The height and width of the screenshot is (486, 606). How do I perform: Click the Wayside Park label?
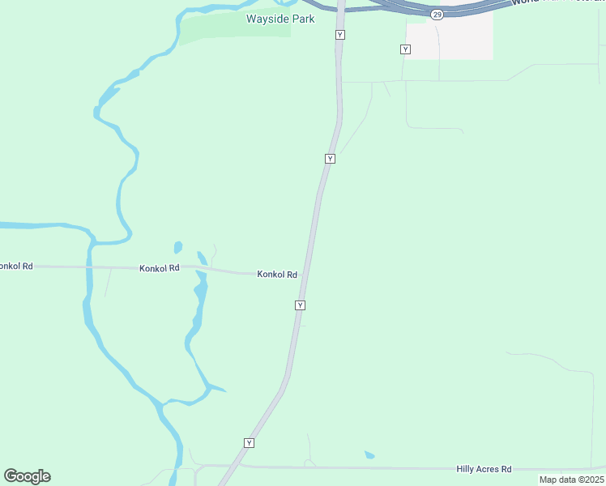click(280, 18)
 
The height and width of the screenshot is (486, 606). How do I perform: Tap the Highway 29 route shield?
click(437, 15)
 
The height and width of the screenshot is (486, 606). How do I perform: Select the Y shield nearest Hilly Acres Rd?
click(250, 443)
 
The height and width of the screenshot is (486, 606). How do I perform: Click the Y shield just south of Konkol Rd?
click(301, 305)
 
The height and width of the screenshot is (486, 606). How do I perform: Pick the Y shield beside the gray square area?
click(405, 49)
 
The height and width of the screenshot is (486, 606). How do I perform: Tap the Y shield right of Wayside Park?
click(340, 35)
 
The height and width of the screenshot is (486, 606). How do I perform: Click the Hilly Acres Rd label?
click(484, 469)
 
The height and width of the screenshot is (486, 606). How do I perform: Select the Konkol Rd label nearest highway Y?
click(277, 275)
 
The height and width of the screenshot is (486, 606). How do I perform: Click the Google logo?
click(28, 476)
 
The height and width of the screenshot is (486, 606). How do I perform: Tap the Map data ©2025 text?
click(571, 480)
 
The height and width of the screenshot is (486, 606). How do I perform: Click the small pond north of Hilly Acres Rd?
click(369, 455)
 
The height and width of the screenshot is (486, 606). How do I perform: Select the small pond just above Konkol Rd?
click(177, 247)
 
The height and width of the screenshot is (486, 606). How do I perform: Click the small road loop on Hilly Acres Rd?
click(309, 463)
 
